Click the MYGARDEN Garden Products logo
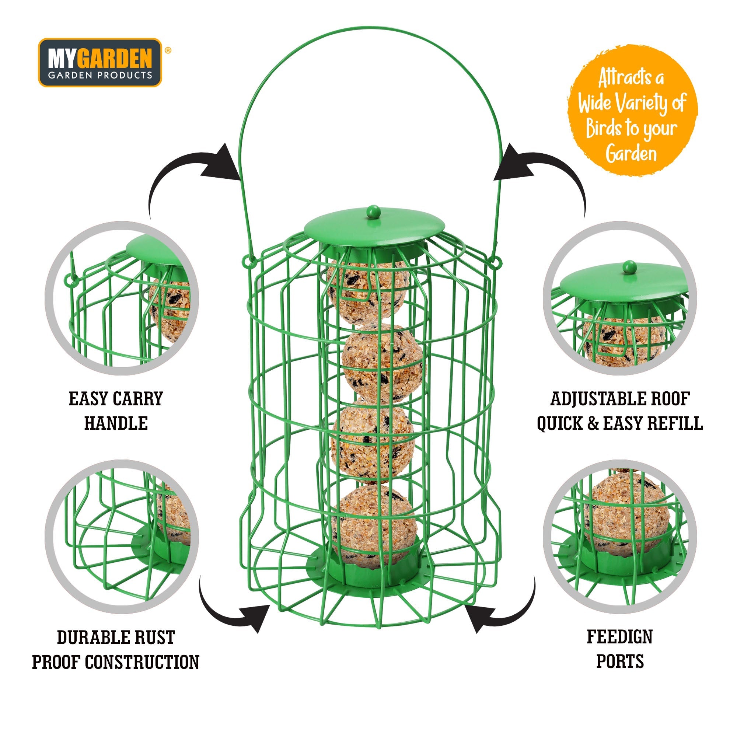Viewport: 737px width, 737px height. [x=100, y=63]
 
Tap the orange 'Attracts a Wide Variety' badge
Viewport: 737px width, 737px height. [x=632, y=111]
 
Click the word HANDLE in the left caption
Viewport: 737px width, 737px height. [x=116, y=423]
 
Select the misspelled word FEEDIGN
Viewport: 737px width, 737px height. [x=619, y=636]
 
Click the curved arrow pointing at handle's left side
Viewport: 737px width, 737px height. [x=191, y=172]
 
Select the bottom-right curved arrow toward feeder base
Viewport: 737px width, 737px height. [x=500, y=607]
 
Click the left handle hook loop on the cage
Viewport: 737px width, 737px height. [x=249, y=262]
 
